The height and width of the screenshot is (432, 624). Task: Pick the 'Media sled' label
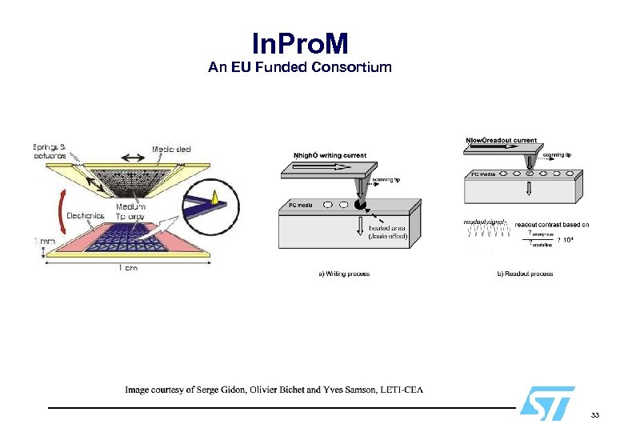(x=171, y=150)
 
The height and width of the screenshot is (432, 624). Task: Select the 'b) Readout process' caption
(x=525, y=274)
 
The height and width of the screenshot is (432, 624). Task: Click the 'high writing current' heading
(x=330, y=154)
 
